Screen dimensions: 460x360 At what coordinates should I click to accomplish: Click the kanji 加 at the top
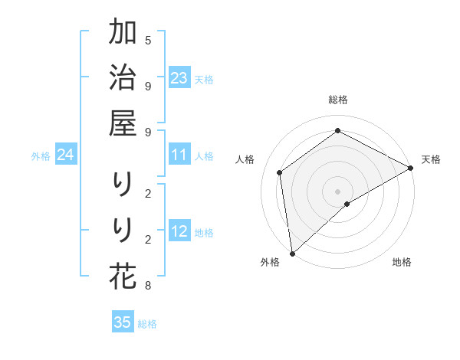tap(123, 33)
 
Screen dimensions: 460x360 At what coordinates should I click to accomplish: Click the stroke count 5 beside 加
tap(148, 39)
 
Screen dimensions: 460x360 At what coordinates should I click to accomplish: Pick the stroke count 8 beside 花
tap(148, 286)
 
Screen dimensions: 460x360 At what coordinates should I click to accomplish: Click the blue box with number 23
tap(179, 78)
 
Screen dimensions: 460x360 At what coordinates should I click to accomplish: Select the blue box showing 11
tap(179, 155)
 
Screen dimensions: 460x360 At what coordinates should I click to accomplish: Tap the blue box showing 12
tap(179, 232)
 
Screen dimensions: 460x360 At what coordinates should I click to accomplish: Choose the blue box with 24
tap(65, 155)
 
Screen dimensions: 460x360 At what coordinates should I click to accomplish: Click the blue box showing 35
tap(123, 322)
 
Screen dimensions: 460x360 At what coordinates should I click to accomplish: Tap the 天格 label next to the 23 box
tap(204, 79)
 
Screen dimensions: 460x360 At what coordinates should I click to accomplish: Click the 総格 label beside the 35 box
tap(147, 323)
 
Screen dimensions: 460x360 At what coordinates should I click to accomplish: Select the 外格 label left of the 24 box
tap(41, 156)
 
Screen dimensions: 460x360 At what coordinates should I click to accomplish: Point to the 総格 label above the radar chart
tap(338, 100)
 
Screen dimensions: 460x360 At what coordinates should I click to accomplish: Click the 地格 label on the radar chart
tap(402, 262)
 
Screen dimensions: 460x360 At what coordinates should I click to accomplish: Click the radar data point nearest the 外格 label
tap(292, 253)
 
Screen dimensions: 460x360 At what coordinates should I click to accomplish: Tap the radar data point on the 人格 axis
tap(280, 172)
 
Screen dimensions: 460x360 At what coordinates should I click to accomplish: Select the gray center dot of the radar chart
tap(338, 191)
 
